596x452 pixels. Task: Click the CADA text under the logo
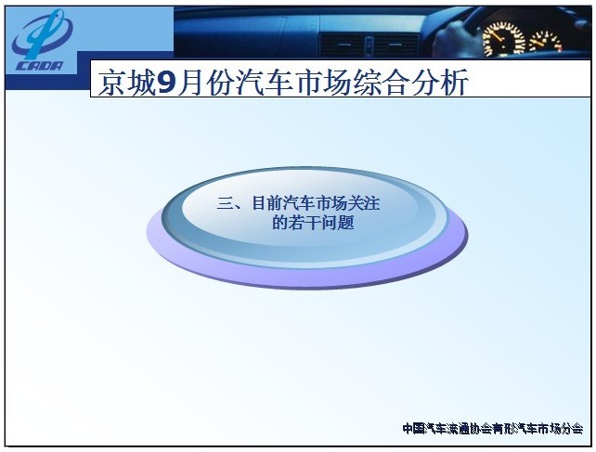40,66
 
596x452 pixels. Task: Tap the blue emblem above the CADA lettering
42,33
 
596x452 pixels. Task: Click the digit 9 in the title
166,83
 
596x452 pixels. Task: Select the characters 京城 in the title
126,83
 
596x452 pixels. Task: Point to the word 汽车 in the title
265,83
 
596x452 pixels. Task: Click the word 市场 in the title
323,83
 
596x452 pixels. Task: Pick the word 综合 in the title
382,83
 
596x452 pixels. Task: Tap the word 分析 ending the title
440,83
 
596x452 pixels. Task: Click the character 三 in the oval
225,204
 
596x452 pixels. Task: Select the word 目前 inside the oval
269,203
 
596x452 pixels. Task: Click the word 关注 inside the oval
363,203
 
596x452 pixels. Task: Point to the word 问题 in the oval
338,223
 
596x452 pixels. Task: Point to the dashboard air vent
368,45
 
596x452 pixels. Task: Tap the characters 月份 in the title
206,83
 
